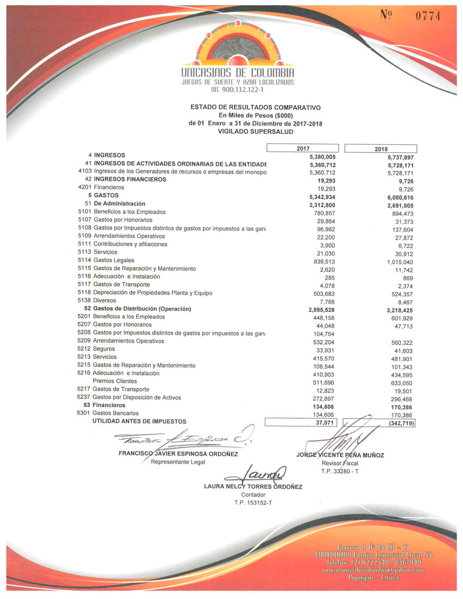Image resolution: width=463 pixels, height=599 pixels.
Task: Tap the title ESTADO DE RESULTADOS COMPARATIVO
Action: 255,108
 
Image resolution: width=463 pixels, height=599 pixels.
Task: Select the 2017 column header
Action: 303,148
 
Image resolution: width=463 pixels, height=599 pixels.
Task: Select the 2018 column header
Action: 381,149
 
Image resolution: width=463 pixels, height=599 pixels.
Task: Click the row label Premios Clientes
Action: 114,381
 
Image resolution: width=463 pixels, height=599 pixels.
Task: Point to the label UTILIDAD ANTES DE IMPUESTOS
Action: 139,421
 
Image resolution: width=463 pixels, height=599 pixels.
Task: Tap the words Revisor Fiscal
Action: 340,462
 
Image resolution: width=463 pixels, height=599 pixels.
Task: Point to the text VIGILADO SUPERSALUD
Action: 255,131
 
